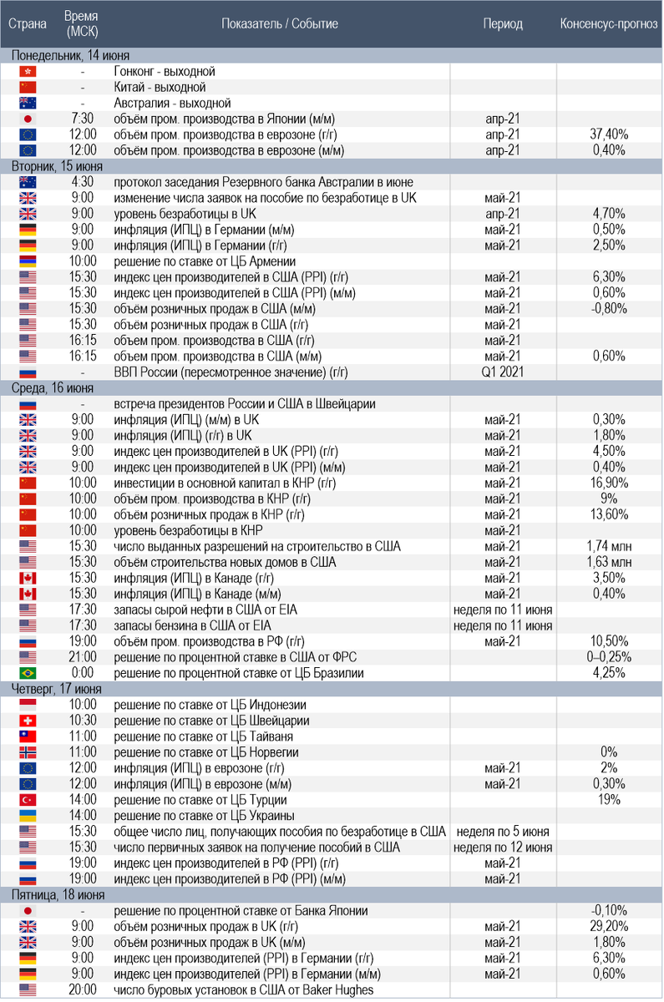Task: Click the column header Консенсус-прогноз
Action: pos(609,23)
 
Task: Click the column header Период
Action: pos(503,23)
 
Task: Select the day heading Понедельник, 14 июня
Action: pos(59,55)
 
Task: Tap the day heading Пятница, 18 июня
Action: pos(58,895)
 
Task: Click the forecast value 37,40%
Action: pos(609,134)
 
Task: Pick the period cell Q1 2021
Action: pos(503,372)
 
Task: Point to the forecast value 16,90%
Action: pos(609,483)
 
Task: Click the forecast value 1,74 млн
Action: pos(609,546)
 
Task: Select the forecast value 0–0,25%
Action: pos(609,656)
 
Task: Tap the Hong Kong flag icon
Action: pos(28,72)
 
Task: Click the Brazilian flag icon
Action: pos(28,673)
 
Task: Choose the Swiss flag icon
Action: pos(28,721)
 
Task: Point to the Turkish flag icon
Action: pos(28,799)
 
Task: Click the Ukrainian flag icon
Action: pos(28,815)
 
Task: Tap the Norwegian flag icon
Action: pos(28,752)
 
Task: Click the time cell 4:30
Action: pos(84,182)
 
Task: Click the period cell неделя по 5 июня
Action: pos(503,832)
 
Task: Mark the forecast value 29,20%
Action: pos(609,926)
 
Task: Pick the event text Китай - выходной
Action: pos(160,87)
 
